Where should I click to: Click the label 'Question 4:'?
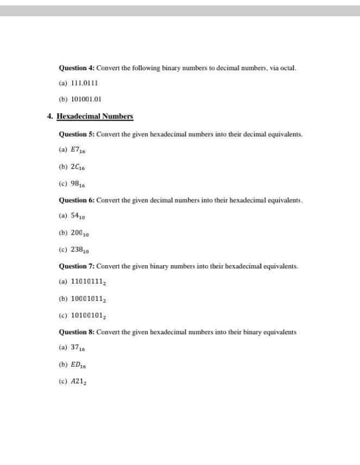(x=77, y=68)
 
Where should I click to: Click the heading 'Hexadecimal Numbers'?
(x=95, y=116)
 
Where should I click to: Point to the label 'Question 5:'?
(x=77, y=134)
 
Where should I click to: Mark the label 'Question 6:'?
(x=77, y=200)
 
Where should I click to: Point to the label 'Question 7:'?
(x=77, y=266)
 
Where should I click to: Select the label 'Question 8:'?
(x=77, y=332)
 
